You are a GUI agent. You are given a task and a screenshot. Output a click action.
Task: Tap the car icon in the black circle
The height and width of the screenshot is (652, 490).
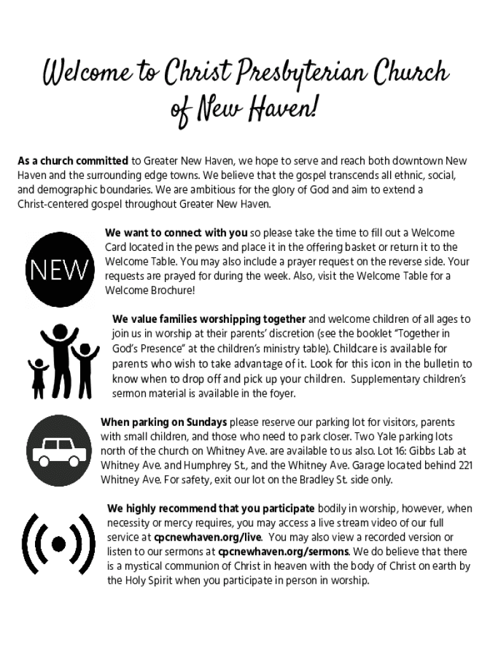coord(59,451)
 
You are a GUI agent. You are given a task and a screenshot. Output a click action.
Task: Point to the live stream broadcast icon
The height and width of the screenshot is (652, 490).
coord(59,543)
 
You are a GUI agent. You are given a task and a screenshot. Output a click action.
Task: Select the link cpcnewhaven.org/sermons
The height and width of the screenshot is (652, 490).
coord(283,551)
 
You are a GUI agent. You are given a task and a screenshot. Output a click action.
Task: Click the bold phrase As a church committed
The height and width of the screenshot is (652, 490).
coord(73,160)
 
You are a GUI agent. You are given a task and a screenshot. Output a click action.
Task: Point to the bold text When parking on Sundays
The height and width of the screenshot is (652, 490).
coord(164,422)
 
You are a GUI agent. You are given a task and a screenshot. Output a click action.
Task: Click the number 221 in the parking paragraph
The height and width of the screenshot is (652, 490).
coord(465,465)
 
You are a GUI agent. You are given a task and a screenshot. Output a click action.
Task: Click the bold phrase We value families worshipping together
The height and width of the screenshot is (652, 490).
coord(209,319)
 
